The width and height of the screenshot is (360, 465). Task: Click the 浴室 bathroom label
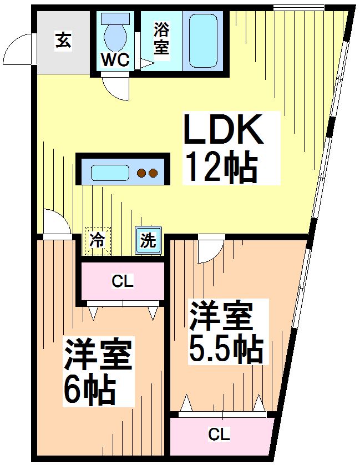click(x=161, y=38)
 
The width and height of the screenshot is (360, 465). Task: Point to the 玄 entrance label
click(x=63, y=41)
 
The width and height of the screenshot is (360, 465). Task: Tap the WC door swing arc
click(x=114, y=87)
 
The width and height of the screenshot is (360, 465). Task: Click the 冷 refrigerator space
click(x=97, y=241)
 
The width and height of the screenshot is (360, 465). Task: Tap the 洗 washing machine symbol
click(x=148, y=241)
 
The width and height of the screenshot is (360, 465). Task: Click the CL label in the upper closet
click(x=123, y=282)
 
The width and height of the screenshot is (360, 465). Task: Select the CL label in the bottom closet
click(x=220, y=434)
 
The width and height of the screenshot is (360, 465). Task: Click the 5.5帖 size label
click(x=225, y=348)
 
